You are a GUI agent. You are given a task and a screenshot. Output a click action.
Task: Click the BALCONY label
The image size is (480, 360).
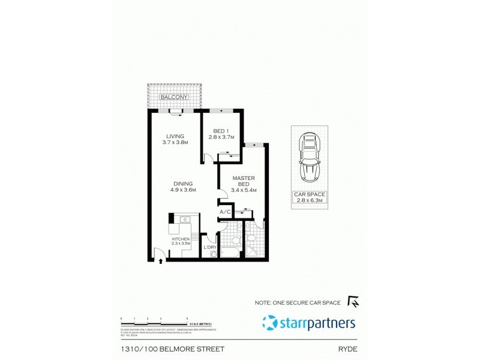[x=174, y=97]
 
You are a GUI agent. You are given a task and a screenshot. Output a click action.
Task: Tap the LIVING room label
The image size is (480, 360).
[x=176, y=136]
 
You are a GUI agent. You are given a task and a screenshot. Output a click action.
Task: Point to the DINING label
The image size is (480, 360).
[x=182, y=184]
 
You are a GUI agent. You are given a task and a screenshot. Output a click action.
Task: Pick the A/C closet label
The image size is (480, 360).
[x=226, y=212]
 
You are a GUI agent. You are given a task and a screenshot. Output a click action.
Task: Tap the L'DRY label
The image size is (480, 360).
[x=210, y=247]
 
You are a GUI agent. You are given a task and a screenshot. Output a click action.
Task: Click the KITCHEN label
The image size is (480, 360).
[x=181, y=238]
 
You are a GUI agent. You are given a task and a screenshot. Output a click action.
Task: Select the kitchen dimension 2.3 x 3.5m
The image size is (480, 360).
[x=181, y=244]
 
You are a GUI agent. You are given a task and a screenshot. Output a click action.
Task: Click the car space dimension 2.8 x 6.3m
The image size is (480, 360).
[x=310, y=200]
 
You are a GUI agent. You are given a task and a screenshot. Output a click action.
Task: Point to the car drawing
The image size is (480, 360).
[x=310, y=159]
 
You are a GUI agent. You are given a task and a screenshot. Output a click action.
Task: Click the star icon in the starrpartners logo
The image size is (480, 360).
[x=270, y=323]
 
